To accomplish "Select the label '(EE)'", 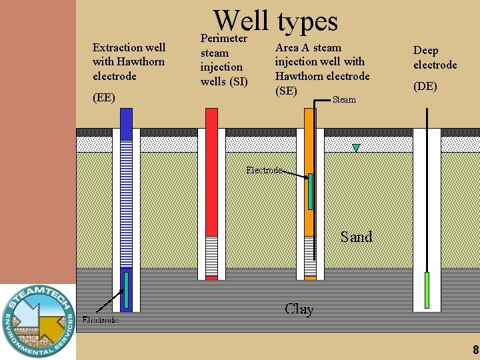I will coord(103,97).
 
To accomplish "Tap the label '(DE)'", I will coord(425,86).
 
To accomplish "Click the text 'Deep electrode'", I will coord(435,57).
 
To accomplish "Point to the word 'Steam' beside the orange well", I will coord(344,100).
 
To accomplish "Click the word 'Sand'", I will coord(356,237).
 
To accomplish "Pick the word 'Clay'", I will coord(299,309).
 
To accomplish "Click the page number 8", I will coord(475,350).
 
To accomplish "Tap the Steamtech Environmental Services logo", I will coord(37,321).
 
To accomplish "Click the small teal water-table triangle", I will coord(357,147).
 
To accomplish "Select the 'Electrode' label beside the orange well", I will coord(263,170).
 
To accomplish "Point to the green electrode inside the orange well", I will coord(311,191).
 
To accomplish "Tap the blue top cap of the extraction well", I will coord(126,124).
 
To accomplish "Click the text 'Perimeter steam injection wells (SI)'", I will coord(224,60).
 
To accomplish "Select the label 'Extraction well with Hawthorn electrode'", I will coord(129,61).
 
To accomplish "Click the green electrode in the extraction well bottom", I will coord(125,290).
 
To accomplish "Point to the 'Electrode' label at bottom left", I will coord(100,320).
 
